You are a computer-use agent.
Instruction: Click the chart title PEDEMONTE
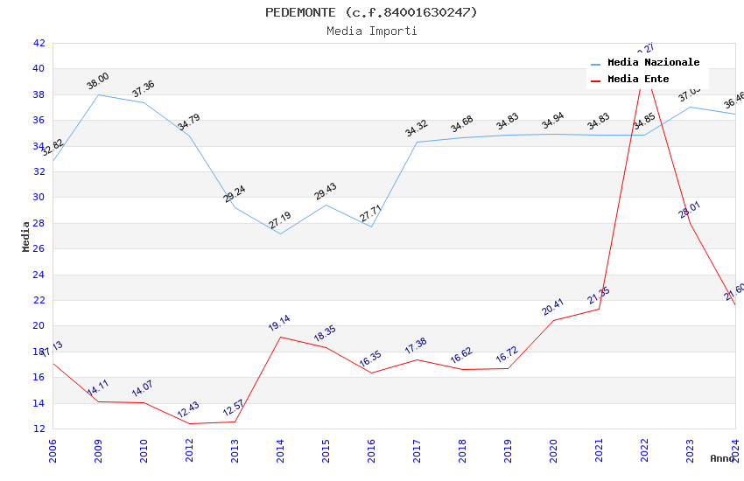click(x=372, y=12)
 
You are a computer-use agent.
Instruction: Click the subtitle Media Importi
click(x=372, y=31)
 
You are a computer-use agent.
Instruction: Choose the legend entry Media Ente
click(x=638, y=79)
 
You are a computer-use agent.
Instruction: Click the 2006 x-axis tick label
click(x=53, y=449)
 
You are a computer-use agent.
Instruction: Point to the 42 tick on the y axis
click(x=39, y=43)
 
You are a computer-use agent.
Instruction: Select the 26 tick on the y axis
click(x=39, y=248)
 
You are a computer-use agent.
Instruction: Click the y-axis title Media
click(x=26, y=235)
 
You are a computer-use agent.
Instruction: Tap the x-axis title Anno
click(x=722, y=458)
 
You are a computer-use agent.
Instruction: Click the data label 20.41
click(x=553, y=307)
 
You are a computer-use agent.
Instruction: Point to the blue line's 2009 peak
click(x=98, y=94)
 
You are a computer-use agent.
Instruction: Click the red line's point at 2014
click(x=280, y=337)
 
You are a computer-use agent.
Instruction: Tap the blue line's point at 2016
click(x=371, y=227)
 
